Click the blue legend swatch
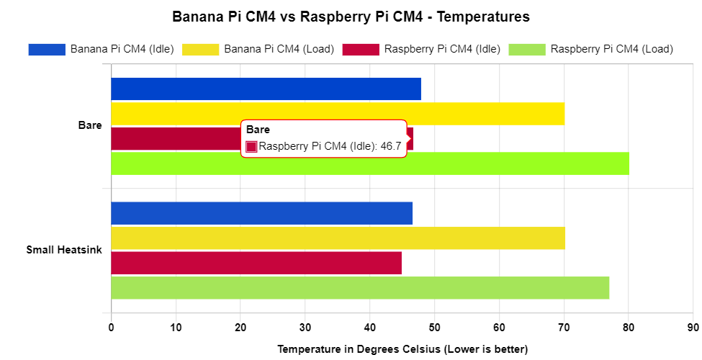(47, 50)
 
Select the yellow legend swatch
(201, 50)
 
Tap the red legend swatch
(361, 50)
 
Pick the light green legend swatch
(527, 50)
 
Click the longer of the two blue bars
(266, 89)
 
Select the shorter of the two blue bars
(262, 213)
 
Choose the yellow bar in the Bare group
(338, 114)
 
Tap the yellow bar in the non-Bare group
(338, 238)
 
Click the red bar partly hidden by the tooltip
(176, 139)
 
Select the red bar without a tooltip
(256, 263)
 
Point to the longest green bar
(370, 163)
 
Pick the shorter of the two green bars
(360, 288)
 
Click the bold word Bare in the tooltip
(258, 130)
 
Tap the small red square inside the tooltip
(251, 147)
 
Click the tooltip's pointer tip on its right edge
(411, 138)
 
